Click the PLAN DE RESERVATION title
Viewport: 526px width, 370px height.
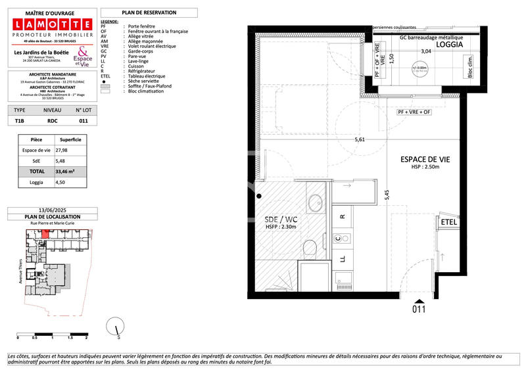[x=149, y=12]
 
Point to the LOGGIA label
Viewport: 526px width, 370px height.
[x=445, y=47]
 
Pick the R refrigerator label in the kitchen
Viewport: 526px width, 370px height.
[x=343, y=215]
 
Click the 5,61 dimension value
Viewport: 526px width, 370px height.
[x=360, y=139]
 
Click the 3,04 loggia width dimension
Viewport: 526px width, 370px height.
[x=425, y=51]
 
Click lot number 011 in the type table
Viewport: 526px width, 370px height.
[x=83, y=121]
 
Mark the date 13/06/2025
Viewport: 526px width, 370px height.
[x=52, y=211]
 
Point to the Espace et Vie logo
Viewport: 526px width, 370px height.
[x=82, y=56]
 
